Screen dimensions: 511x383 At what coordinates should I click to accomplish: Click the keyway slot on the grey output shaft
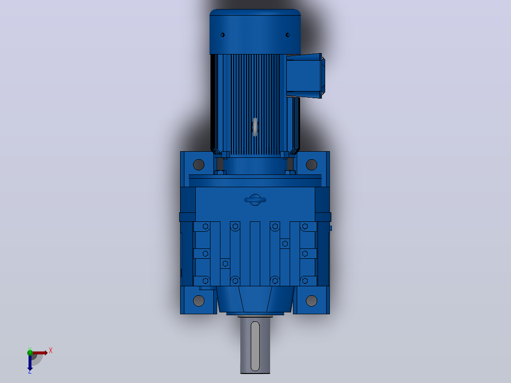(255, 346)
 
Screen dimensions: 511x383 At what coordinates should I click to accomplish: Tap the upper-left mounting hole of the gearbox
(199, 164)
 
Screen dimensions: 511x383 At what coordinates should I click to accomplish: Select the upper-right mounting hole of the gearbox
(311, 164)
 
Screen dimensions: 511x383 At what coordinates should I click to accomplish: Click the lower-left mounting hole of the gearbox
(199, 301)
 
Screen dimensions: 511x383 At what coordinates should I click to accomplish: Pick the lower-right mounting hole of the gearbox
(311, 301)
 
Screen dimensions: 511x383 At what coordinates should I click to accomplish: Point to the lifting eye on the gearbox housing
(255, 200)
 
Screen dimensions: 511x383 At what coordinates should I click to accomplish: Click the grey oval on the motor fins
(255, 127)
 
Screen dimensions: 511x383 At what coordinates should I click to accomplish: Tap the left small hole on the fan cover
(223, 35)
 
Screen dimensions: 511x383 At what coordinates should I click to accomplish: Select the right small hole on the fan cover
(287, 35)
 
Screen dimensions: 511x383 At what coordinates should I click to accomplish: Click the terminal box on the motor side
(305, 76)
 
